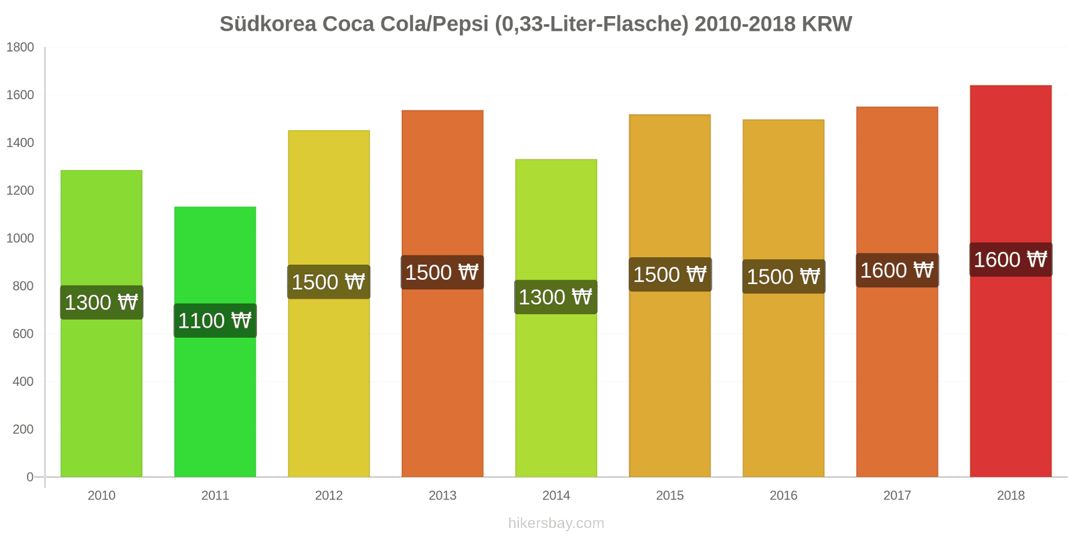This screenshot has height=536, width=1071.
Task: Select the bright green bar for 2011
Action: coord(215,402)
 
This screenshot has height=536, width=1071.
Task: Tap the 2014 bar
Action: coord(556,389)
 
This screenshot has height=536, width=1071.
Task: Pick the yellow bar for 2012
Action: coord(329,389)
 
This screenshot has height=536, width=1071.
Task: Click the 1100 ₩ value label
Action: coord(215,320)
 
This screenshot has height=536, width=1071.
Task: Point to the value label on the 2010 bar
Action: coord(102,302)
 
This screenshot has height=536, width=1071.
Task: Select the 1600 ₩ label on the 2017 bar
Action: coord(897,270)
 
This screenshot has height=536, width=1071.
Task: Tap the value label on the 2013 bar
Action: coord(442,272)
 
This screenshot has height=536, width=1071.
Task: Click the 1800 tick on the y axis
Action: coord(20,47)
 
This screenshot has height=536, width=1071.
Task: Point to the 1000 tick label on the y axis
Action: coord(20,238)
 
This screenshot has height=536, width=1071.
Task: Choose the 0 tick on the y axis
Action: coord(29,477)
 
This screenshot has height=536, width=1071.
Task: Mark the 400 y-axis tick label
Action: coord(23,381)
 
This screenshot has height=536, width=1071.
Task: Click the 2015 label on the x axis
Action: coord(669,495)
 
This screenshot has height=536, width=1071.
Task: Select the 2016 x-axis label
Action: coord(783,495)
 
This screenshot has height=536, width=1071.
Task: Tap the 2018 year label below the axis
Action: coord(1010,495)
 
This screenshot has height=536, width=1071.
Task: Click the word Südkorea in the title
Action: coord(268,24)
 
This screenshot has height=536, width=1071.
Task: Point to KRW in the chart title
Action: coord(826,24)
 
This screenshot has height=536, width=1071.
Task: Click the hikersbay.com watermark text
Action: coord(556,523)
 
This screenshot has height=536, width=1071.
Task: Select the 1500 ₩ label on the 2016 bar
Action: coord(783,276)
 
